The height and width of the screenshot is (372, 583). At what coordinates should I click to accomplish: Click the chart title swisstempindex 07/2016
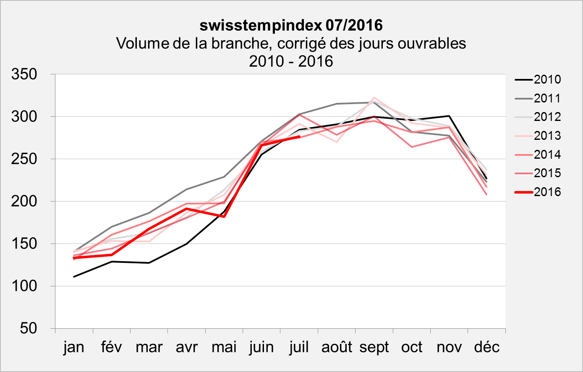(291, 26)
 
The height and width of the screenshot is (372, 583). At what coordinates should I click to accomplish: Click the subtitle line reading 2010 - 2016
(291, 61)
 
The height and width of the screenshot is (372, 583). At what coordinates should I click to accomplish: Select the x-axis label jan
(74, 347)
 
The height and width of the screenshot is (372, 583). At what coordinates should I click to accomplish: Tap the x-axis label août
(337, 347)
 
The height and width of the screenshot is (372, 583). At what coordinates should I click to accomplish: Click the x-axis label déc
(486, 347)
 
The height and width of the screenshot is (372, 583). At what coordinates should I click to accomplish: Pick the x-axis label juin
(261, 347)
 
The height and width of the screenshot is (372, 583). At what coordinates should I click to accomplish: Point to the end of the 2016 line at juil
(299, 136)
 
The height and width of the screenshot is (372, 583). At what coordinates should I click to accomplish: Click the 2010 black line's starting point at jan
(74, 277)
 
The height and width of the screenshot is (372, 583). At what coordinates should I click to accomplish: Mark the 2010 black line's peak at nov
(449, 116)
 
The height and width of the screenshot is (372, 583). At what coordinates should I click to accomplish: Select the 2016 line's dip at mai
(224, 217)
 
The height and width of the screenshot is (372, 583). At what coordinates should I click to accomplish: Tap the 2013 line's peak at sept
(374, 98)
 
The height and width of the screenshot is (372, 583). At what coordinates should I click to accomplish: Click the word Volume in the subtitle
(141, 43)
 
